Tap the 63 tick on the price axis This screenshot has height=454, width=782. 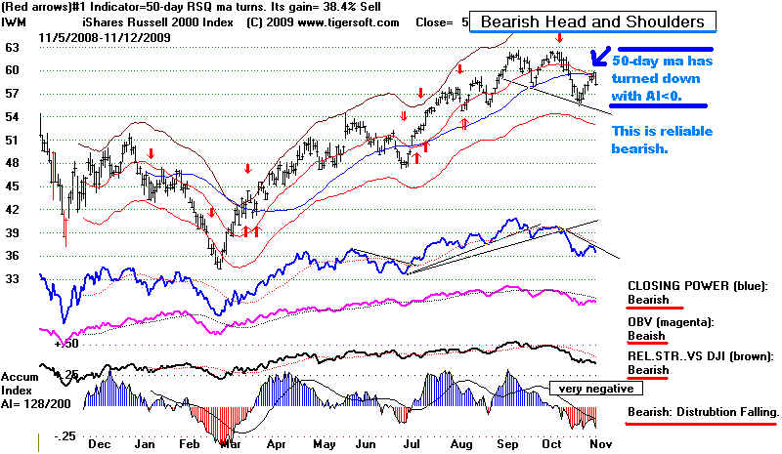[x=13, y=47]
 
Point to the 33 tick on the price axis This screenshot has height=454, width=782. [x=13, y=279]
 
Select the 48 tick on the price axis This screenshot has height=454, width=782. [x=13, y=163]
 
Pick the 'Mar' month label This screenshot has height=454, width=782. [x=233, y=443]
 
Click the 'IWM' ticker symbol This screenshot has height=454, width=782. [x=15, y=21]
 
